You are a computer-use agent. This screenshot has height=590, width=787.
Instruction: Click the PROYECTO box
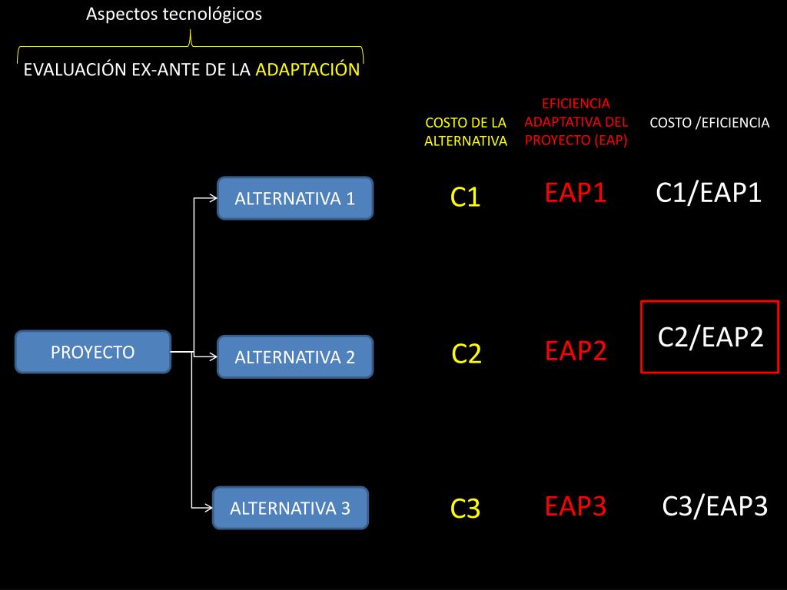93,352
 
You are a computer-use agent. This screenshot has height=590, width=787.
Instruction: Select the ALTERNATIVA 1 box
295,198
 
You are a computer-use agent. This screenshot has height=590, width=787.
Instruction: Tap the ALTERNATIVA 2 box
295,356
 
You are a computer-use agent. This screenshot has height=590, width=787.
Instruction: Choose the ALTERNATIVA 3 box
291,508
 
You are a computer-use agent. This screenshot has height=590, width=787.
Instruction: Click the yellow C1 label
465,198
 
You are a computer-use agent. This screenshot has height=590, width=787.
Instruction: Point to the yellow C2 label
466,354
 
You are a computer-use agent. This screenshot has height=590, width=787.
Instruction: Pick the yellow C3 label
465,509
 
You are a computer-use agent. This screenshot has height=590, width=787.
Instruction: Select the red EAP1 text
576,193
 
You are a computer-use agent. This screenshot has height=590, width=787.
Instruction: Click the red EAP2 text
576,351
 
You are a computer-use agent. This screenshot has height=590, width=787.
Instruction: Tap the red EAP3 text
576,506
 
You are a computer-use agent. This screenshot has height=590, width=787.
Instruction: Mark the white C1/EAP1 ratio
709,193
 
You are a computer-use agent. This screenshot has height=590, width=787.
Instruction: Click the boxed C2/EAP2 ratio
710,337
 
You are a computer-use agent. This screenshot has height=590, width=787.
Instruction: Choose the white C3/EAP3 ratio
715,506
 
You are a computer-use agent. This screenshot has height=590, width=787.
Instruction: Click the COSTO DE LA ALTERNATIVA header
466,131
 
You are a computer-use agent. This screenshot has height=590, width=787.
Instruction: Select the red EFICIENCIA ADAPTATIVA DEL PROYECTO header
576,121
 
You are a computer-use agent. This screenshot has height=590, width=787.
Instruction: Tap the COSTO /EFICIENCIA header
709,123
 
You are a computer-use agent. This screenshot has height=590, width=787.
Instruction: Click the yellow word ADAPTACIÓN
307,70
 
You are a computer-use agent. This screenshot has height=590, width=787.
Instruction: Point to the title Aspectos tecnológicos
174,14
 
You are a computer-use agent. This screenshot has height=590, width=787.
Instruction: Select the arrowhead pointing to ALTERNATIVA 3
208,507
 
